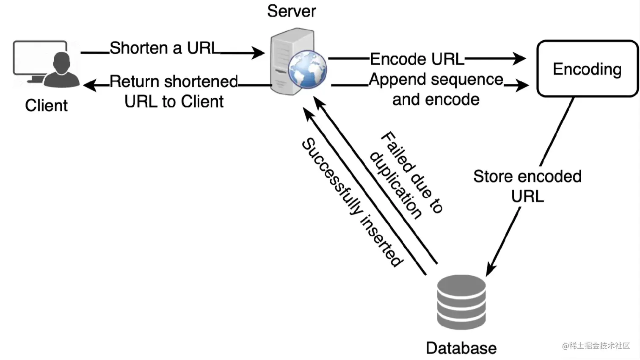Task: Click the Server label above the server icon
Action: click(x=291, y=11)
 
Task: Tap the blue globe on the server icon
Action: click(x=308, y=69)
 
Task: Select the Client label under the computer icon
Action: click(x=46, y=105)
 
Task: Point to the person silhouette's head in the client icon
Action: click(x=62, y=62)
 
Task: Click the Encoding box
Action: click(x=587, y=69)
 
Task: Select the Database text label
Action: click(x=461, y=348)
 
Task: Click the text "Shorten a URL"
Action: click(x=165, y=48)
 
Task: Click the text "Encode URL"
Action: click(x=417, y=59)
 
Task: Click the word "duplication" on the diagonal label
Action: click(x=396, y=186)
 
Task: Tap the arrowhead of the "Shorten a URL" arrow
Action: click(x=258, y=53)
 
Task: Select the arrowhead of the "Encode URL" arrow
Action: click(x=519, y=58)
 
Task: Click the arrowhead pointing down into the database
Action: click(x=491, y=269)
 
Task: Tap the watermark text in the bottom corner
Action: click(x=596, y=346)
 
